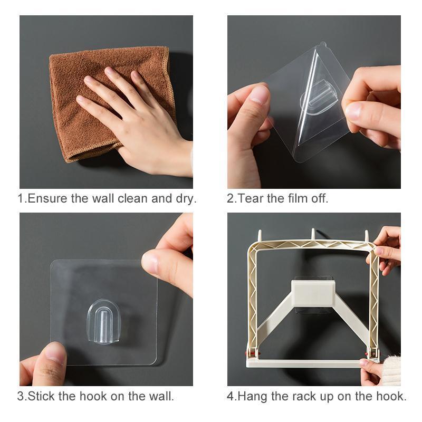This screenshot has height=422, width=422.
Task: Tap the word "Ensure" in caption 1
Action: point(47,199)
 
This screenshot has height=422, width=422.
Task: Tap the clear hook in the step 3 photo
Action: point(103,322)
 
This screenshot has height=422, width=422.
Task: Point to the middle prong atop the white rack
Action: point(313,234)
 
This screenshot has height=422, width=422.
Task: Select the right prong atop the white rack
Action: point(366,235)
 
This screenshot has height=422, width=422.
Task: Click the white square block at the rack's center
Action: point(313,293)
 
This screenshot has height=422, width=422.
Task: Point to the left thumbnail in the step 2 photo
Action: point(259,95)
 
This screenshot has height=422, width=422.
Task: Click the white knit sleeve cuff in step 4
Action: point(392,370)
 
